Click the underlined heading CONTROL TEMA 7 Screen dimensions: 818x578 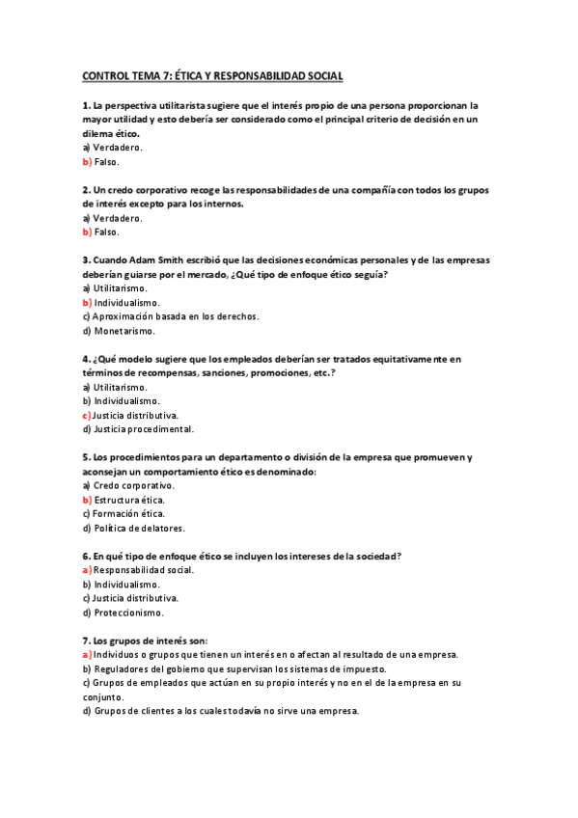tap(212, 75)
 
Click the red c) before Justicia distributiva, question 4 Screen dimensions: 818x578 tap(87, 415)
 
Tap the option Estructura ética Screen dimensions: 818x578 tap(129, 500)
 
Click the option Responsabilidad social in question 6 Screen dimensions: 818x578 tap(144, 570)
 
